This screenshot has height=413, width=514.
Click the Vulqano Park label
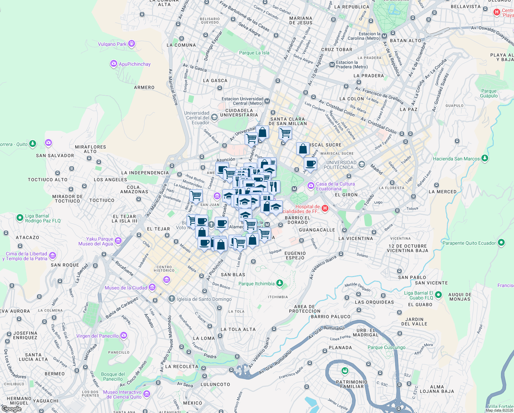[112, 44]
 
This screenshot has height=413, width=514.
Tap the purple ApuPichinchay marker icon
[113, 64]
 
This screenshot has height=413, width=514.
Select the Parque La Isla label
[254, 53]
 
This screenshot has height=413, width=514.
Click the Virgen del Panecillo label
[98, 336]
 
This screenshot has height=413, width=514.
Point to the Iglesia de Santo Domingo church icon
[171, 299]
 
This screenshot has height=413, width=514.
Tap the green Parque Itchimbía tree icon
[280, 283]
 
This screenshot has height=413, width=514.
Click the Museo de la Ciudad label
[126, 288]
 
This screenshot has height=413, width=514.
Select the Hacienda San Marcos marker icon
[484, 158]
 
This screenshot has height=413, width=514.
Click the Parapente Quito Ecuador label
[469, 243]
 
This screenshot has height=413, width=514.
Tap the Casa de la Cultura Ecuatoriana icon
[311, 186]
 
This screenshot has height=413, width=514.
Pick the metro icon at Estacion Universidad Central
[267, 101]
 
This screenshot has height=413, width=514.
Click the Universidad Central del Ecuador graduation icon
[214, 117]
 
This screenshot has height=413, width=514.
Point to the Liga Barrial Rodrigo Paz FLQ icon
[20, 218]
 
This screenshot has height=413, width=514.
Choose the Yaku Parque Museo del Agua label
[100, 241]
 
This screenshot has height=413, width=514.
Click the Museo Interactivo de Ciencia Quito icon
[147, 394]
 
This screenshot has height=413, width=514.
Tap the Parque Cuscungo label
[387, 347]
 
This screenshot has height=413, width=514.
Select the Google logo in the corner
[11, 409]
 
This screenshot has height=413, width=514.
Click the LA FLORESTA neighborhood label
[391, 188]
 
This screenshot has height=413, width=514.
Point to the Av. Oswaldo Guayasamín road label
[492, 34]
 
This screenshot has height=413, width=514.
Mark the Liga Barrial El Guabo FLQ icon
[438, 295]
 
